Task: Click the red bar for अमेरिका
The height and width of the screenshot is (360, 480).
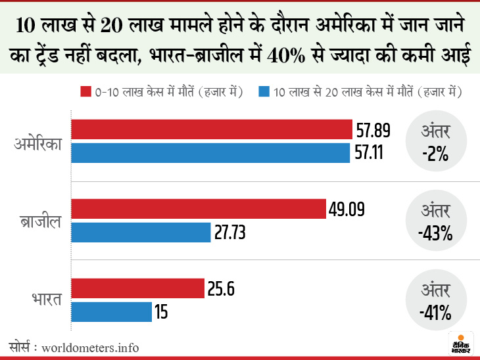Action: coord(211,129)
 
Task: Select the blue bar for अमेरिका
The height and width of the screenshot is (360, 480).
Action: coord(210,153)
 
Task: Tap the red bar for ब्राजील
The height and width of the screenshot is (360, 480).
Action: coord(198,209)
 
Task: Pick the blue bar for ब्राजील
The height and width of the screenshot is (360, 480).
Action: coord(141,233)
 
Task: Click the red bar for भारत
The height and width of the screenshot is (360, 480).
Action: coord(137,288)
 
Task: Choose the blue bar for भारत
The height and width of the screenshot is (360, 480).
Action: coord(112,311)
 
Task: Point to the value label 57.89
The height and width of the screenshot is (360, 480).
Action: coord(373,130)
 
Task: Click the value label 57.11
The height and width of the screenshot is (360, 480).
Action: coord(370,154)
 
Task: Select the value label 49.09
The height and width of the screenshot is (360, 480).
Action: coord(347,210)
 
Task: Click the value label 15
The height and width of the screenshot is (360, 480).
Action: coord(161,312)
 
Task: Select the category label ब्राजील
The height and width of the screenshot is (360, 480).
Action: coord(41,221)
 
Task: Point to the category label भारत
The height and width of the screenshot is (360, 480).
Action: coord(45,300)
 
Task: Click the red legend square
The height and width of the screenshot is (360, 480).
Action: coord(85,92)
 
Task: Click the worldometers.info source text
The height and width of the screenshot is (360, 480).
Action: coord(91,346)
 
